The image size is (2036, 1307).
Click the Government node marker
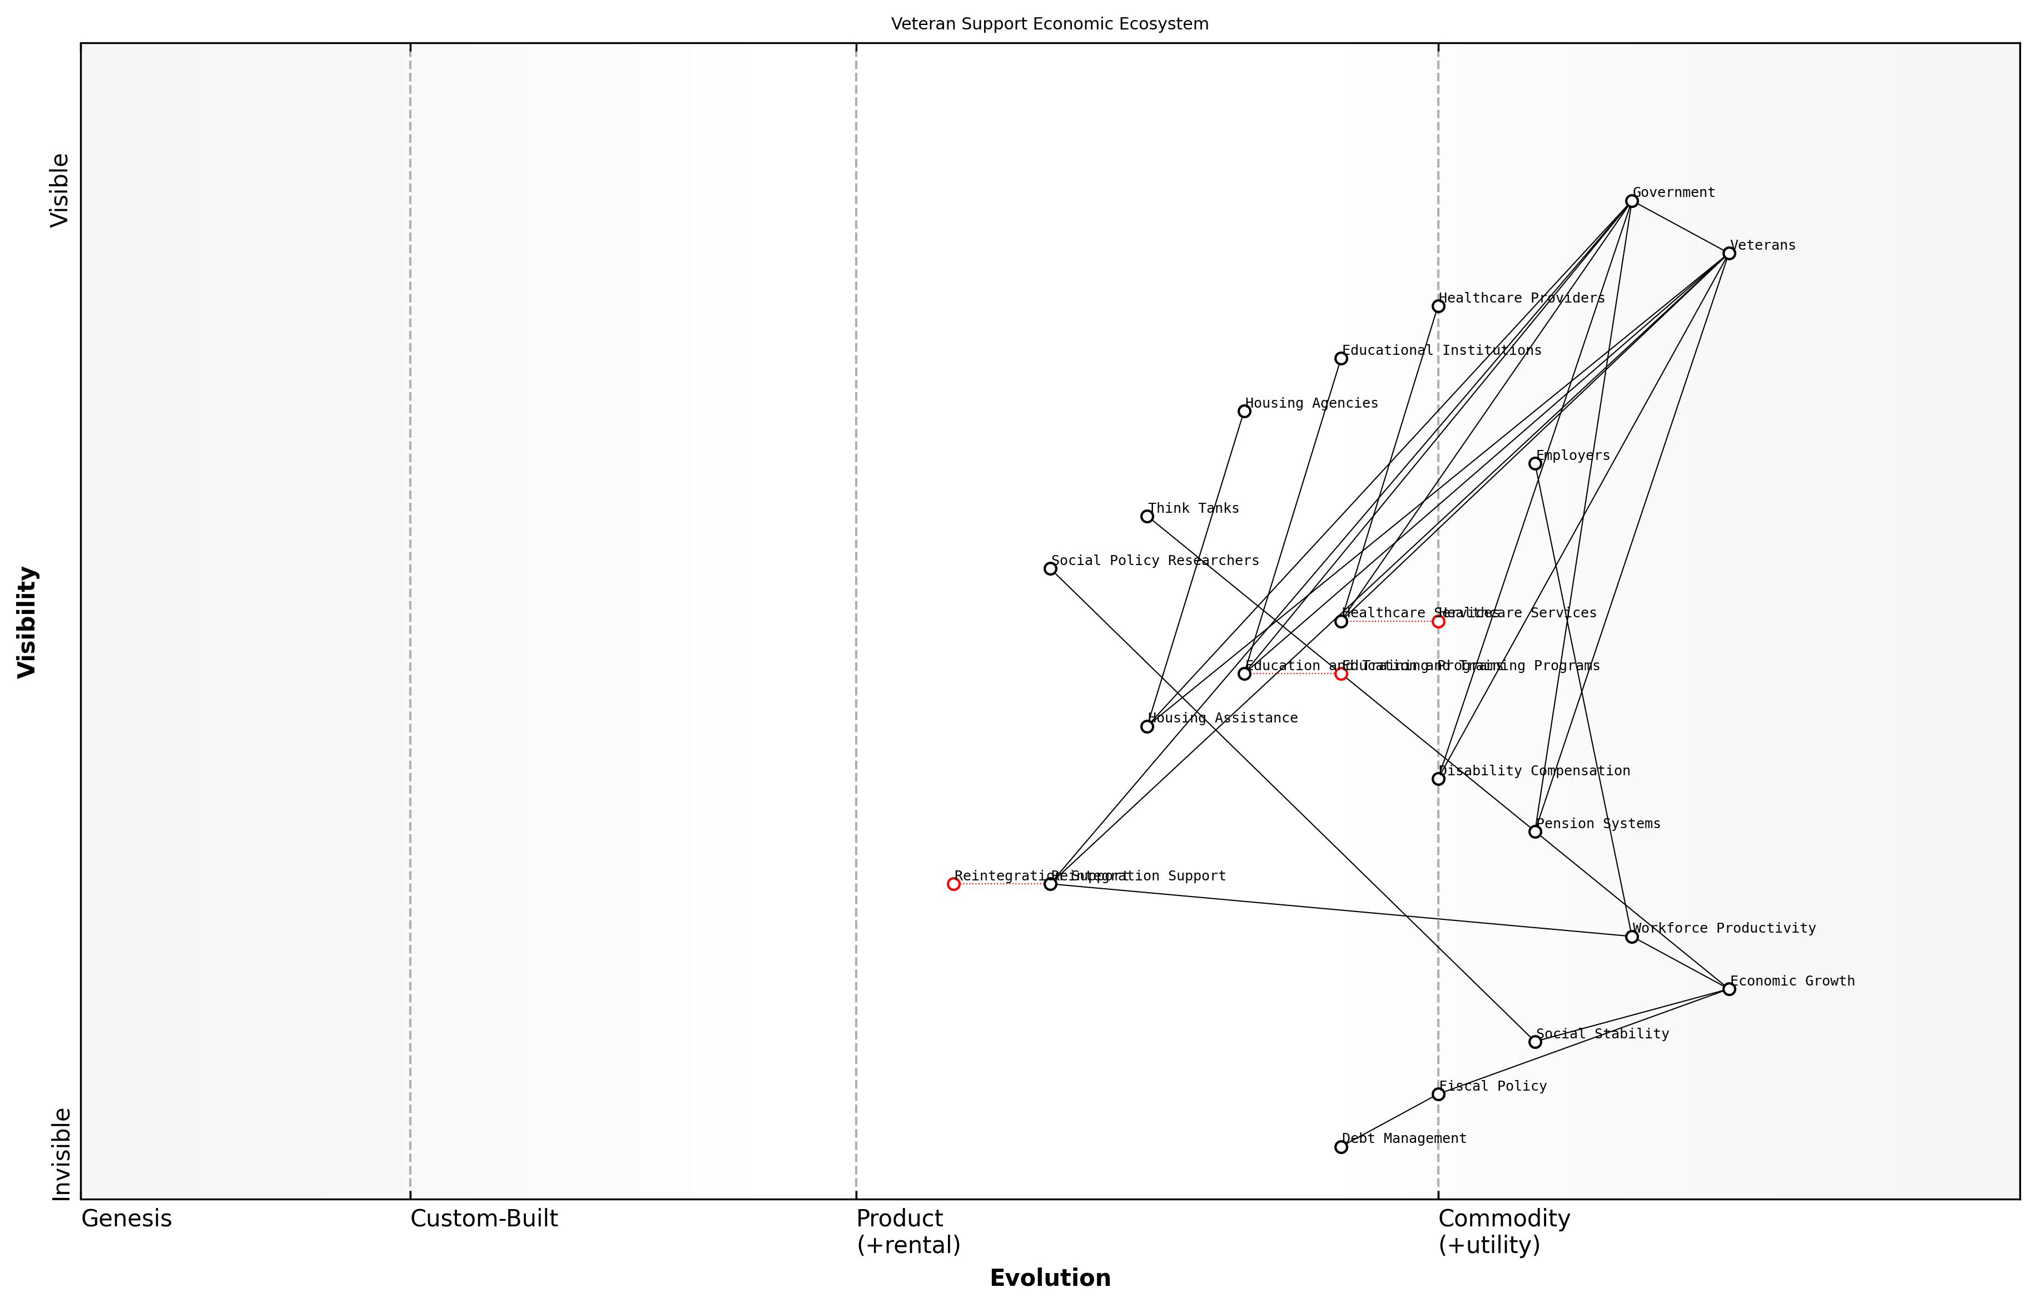pyautogui.click(x=1631, y=201)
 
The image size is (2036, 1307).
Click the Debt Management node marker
pyautogui.click(x=1341, y=1147)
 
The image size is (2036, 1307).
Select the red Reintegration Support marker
pyautogui.click(x=954, y=884)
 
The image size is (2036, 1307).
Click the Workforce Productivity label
pyautogui.click(x=1724, y=928)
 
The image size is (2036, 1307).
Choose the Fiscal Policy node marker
pyautogui.click(x=1438, y=1094)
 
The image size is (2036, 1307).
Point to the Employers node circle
pyautogui.click(x=1535, y=463)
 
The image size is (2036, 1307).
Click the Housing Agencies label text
pyautogui.click(x=1310, y=403)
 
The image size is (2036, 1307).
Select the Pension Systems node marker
pyautogui.click(x=1535, y=831)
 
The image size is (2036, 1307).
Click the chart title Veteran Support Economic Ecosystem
pyautogui.click(x=1049, y=24)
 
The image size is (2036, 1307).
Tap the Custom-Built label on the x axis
pyautogui.click(x=484, y=1219)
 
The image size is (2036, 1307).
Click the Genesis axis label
pyautogui.click(x=126, y=1219)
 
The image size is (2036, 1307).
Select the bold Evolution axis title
pyautogui.click(x=1049, y=1278)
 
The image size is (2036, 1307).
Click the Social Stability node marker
pyautogui.click(x=1535, y=1041)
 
